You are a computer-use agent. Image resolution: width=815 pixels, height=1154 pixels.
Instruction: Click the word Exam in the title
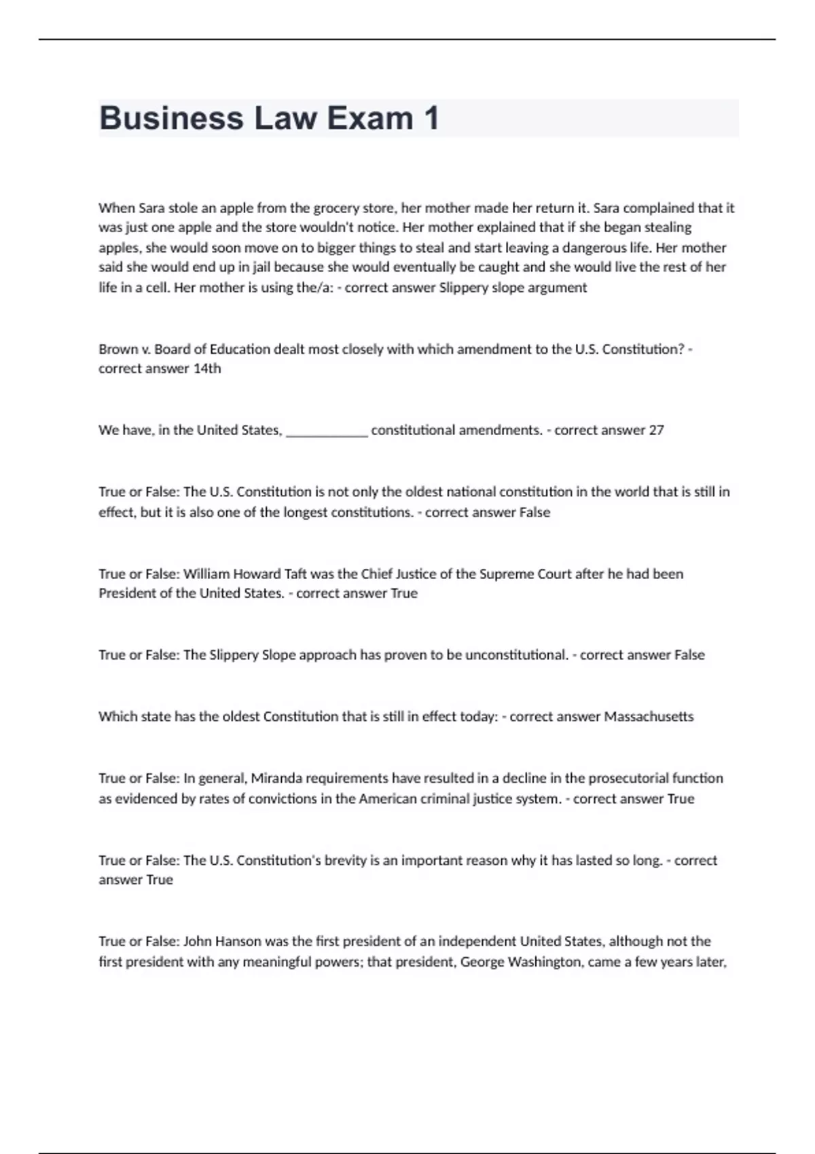369,118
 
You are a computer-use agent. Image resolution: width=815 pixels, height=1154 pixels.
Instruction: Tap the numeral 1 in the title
431,118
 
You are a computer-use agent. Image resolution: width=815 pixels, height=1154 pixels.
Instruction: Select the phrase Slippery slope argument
513,287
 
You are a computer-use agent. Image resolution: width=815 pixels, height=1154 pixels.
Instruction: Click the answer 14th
207,369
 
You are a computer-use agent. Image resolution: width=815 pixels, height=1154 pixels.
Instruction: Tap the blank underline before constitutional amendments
327,430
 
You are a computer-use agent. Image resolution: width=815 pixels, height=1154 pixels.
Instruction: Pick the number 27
656,430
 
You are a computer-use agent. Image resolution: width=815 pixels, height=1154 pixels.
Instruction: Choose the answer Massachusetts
649,717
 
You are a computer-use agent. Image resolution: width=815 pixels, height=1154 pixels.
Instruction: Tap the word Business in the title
171,118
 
